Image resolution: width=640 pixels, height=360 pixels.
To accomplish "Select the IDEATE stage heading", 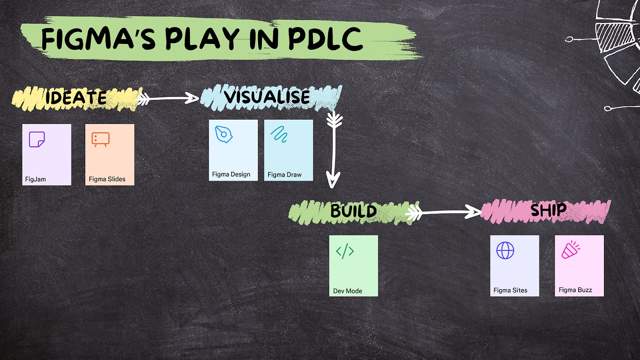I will [x=76, y=98].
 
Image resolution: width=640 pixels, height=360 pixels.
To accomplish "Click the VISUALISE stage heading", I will [x=267, y=97].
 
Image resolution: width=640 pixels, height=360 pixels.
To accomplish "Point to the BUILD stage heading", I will [x=353, y=211].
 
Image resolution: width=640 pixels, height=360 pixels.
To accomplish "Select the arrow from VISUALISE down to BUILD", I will [x=334, y=149].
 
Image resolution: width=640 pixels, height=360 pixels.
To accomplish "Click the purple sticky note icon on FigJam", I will [x=36, y=139].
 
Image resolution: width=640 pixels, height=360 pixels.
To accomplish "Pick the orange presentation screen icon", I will [x=100, y=139].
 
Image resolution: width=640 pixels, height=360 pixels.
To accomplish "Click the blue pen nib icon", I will [x=224, y=134].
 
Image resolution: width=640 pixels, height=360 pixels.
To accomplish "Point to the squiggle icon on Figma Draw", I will [x=279, y=134].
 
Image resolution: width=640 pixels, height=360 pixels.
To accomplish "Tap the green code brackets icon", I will [x=345, y=251].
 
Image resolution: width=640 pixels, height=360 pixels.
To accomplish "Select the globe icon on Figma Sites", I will [x=505, y=251].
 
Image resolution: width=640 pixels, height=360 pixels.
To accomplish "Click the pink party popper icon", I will [x=570, y=250].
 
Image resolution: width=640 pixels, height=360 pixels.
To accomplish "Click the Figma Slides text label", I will [x=107, y=179].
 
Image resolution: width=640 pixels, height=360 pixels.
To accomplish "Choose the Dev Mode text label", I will [x=348, y=291].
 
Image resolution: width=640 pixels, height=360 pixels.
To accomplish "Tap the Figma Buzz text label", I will [x=575, y=290].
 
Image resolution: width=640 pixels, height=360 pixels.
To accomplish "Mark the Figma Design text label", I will [x=231, y=175].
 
